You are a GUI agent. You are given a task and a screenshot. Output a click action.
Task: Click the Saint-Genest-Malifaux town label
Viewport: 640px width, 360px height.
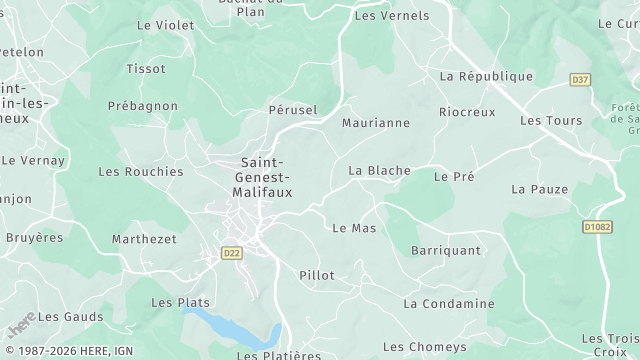click(x=262, y=177)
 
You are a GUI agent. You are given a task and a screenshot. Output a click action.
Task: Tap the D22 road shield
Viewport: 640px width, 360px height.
click(x=232, y=253)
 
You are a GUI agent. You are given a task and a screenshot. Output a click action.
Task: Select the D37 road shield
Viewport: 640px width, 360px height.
click(x=580, y=79)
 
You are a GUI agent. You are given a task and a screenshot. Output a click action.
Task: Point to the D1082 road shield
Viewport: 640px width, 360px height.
click(x=597, y=227)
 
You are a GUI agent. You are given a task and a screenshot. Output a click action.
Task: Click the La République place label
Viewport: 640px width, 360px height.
click(x=486, y=76)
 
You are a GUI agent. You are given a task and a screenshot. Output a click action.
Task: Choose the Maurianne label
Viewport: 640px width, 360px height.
click(x=376, y=123)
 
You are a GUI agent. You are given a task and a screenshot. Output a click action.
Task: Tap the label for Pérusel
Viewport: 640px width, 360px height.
click(x=293, y=109)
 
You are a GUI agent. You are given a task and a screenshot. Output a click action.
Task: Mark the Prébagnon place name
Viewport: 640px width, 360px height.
click(x=144, y=106)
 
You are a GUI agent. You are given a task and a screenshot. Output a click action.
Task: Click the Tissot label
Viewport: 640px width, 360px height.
click(x=146, y=69)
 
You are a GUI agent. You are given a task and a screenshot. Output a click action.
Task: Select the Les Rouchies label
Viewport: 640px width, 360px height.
click(x=141, y=172)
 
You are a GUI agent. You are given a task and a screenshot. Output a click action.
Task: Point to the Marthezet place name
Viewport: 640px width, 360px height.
click(x=144, y=239)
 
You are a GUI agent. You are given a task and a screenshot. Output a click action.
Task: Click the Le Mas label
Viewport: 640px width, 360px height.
click(x=353, y=228)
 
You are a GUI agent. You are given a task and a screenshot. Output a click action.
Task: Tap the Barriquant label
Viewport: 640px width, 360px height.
click(x=446, y=251)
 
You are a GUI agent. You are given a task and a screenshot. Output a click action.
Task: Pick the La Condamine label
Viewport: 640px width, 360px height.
click(x=449, y=303)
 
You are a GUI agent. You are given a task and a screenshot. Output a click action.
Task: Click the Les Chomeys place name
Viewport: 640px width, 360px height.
click(x=425, y=347)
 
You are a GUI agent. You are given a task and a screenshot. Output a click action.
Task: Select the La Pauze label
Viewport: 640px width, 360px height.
click(x=539, y=189)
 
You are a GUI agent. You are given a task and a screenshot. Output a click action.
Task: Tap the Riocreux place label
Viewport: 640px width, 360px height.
click(x=467, y=112)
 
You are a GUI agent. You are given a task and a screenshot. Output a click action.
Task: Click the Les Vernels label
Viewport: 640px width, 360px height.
click(x=392, y=16)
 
